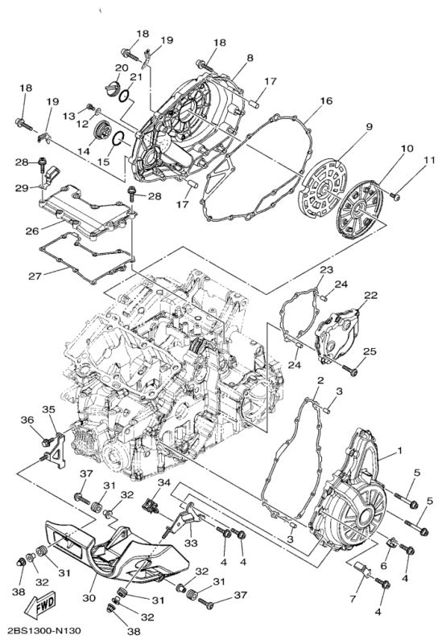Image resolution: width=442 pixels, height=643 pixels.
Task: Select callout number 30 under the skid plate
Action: pyautogui.click(x=89, y=598)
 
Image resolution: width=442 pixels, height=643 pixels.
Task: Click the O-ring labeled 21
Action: pyautogui.click(x=125, y=96)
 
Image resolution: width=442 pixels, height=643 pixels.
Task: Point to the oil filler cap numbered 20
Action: pyautogui.click(x=112, y=88)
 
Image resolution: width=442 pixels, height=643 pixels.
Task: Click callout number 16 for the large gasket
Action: pyautogui.click(x=326, y=101)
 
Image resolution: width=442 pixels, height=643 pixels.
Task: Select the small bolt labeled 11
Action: pyautogui.click(x=396, y=198)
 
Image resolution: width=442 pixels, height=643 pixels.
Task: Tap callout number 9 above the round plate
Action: pyautogui.click(x=369, y=127)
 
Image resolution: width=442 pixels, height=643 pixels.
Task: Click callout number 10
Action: pyautogui.click(x=407, y=148)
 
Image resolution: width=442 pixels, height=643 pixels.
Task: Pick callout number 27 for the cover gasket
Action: pyautogui.click(x=35, y=276)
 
